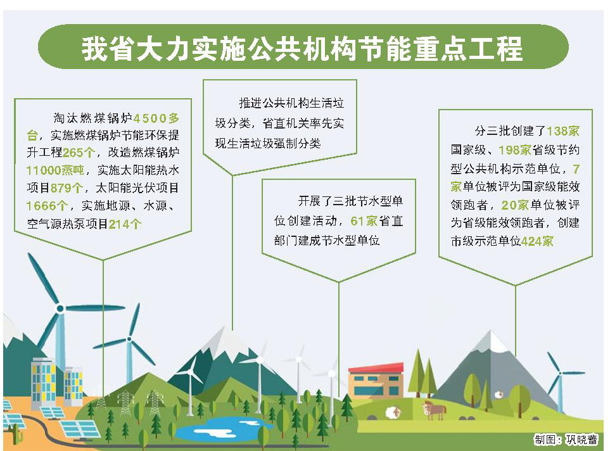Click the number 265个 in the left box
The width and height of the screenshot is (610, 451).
(x=79, y=152)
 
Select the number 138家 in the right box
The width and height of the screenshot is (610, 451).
(x=562, y=132)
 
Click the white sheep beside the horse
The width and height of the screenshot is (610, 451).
(x=393, y=412)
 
